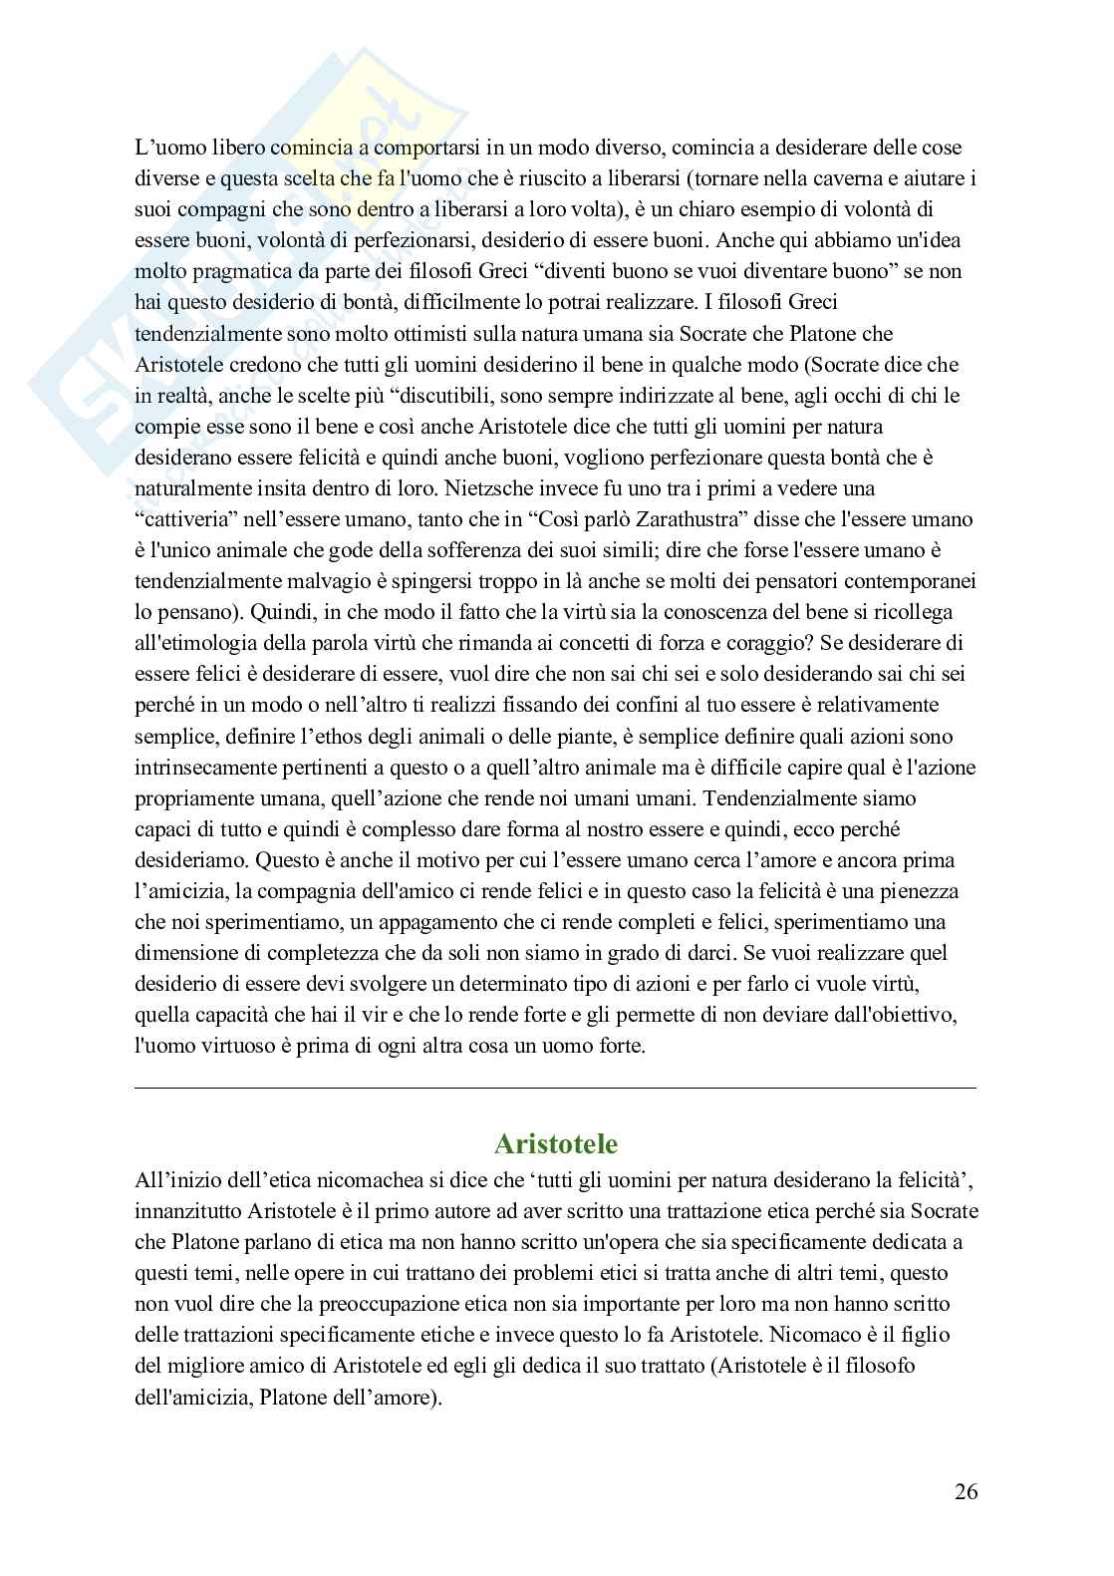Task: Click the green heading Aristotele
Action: (x=555, y=1142)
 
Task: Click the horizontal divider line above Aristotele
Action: (x=555, y=1088)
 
